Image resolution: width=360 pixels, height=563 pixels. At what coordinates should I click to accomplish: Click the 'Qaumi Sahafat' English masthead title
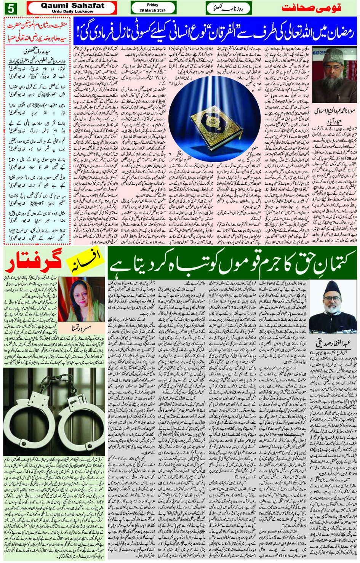[x=72, y=5]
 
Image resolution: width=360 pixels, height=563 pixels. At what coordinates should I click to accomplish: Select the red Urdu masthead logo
[x=311, y=8]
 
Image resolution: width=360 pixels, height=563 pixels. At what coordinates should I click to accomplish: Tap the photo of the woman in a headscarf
[x=81, y=299]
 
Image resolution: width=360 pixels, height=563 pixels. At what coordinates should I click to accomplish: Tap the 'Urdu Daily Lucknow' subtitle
[x=72, y=11]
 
